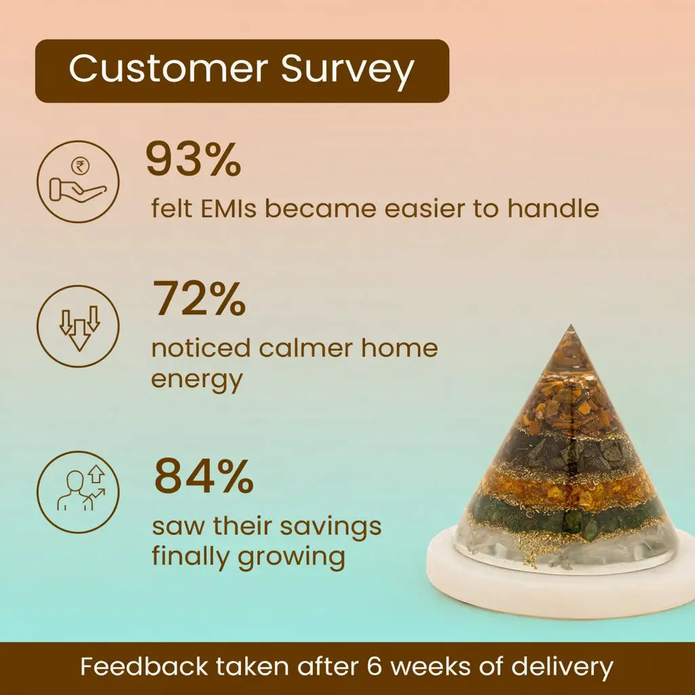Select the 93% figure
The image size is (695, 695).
pos(193,159)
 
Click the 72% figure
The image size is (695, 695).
pos(199,298)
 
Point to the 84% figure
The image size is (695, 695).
pos(204,476)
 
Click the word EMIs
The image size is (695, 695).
pos(229,208)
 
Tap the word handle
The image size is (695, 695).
pos(553,208)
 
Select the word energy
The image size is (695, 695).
pos(198,381)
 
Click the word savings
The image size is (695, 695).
pos(331,527)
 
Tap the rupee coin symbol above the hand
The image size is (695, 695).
pos(80,166)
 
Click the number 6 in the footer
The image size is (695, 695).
pos(374,666)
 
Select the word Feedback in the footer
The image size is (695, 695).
pos(144,666)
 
